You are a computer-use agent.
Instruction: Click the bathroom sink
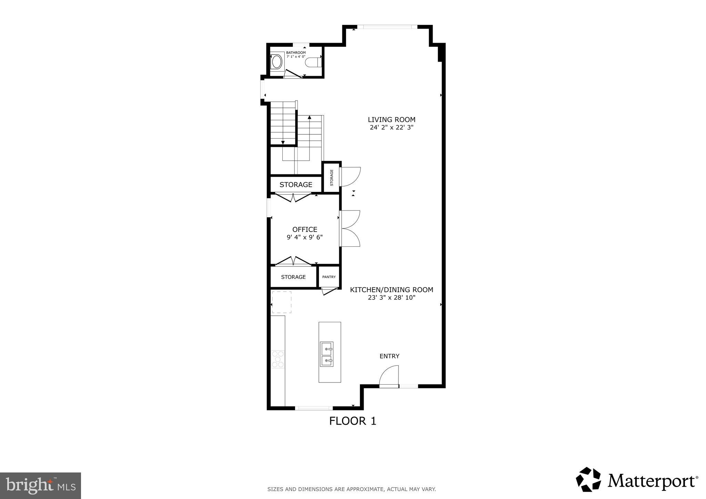(x=277, y=62)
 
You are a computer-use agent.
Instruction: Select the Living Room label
(x=391, y=120)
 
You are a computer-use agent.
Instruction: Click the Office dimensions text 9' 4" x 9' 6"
(x=304, y=237)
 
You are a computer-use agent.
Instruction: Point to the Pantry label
(x=329, y=277)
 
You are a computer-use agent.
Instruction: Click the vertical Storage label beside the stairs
(x=332, y=177)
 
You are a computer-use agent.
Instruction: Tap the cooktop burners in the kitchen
(x=278, y=359)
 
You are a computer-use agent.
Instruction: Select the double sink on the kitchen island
(x=326, y=354)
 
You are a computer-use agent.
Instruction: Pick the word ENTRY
(x=389, y=356)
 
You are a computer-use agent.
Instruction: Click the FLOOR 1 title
(x=352, y=421)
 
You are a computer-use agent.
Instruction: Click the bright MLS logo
(x=41, y=486)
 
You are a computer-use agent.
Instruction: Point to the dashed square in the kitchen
(x=282, y=302)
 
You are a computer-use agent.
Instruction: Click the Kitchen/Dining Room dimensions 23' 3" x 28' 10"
(x=391, y=297)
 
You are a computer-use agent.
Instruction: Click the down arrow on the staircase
(x=283, y=142)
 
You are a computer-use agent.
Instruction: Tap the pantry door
(x=329, y=292)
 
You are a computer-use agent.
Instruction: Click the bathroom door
(x=293, y=74)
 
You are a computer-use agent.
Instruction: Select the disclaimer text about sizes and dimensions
(x=352, y=489)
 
